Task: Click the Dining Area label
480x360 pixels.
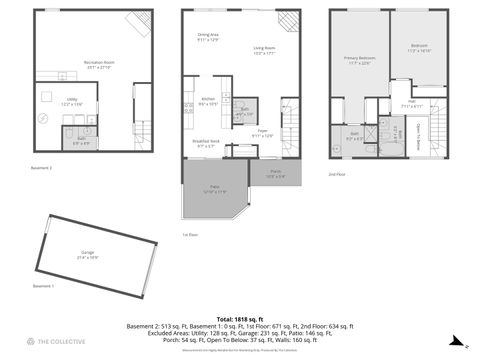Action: tap(207, 37)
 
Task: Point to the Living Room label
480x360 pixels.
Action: tap(265, 50)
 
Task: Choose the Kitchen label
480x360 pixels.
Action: tap(208, 100)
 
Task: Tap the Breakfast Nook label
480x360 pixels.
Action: tap(207, 142)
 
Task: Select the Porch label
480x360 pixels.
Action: tap(275, 173)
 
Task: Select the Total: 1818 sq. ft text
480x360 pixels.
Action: tap(239, 317)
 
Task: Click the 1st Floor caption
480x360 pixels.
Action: tap(189, 235)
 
